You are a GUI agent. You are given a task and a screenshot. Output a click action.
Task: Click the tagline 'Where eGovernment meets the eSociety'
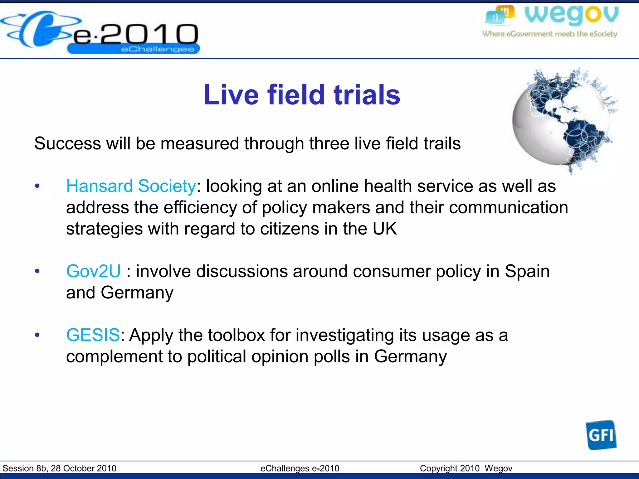click(x=549, y=34)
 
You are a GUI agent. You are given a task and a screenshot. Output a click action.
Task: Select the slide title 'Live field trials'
click(x=301, y=95)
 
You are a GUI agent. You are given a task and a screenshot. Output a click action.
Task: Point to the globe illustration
click(x=562, y=120)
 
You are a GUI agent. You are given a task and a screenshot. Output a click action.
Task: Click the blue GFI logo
click(x=601, y=435)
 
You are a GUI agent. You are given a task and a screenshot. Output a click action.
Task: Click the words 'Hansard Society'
click(x=131, y=186)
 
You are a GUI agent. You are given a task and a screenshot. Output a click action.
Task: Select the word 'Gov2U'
click(x=93, y=271)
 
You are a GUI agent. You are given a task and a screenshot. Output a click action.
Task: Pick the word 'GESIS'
click(x=93, y=335)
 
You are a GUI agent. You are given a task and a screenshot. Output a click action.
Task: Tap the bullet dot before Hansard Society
click(x=37, y=186)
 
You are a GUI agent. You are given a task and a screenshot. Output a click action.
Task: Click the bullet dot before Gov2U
click(x=37, y=271)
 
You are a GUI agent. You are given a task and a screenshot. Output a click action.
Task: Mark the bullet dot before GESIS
click(x=37, y=335)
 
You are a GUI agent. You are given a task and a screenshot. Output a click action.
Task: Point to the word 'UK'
click(x=385, y=229)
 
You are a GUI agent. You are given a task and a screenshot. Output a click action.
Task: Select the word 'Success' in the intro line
click(x=67, y=143)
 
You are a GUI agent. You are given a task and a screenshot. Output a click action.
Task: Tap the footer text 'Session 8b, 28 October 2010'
click(x=59, y=468)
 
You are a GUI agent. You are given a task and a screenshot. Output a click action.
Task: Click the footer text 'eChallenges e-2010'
click(x=300, y=468)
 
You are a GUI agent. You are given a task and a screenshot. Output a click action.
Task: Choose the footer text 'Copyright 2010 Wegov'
click(x=466, y=468)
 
